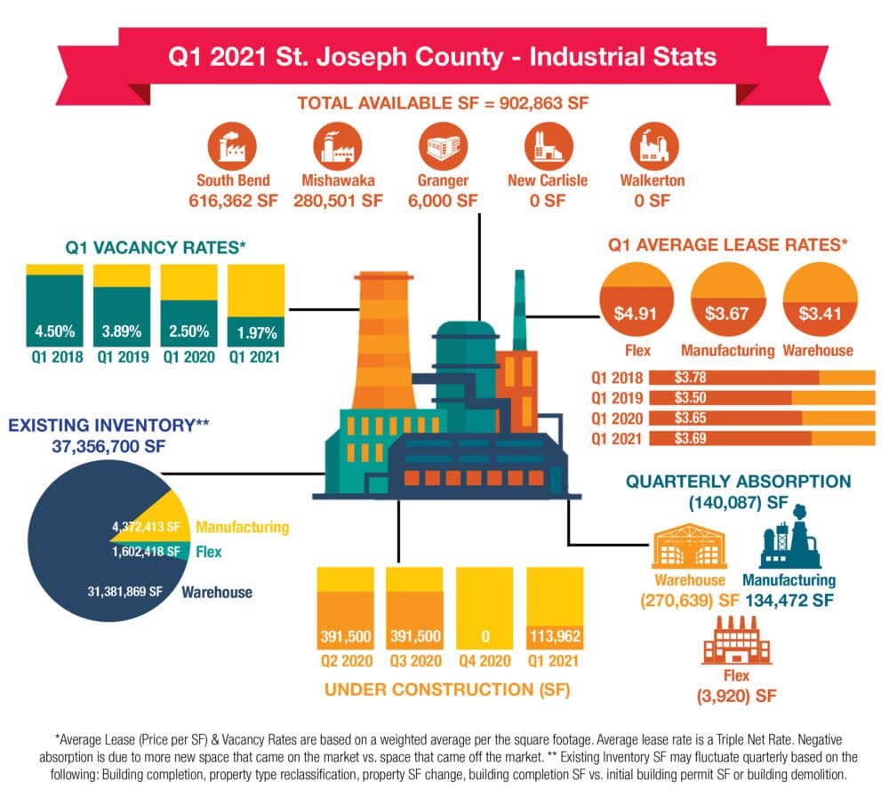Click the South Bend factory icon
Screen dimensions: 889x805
(232, 146)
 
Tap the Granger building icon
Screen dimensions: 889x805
(443, 146)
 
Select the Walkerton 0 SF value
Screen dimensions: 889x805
(652, 201)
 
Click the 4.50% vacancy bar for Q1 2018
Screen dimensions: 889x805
(54, 306)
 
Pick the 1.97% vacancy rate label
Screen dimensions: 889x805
(257, 332)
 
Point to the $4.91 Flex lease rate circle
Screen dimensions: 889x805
(637, 299)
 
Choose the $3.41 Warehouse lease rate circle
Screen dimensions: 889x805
(820, 299)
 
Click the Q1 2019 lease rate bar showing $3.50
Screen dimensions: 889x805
(762, 398)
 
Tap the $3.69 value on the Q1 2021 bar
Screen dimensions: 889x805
(690, 438)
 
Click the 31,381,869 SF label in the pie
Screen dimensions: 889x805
(124, 592)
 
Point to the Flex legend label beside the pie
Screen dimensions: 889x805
(209, 552)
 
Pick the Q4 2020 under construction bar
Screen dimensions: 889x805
(485, 609)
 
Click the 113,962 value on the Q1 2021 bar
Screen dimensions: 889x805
(555, 636)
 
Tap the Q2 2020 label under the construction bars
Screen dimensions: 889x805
(347, 660)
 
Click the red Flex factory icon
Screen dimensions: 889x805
(736, 640)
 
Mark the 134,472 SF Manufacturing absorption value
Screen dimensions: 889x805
(789, 601)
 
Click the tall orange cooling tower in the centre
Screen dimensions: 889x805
(384, 340)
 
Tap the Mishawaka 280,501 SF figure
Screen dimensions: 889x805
(338, 201)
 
